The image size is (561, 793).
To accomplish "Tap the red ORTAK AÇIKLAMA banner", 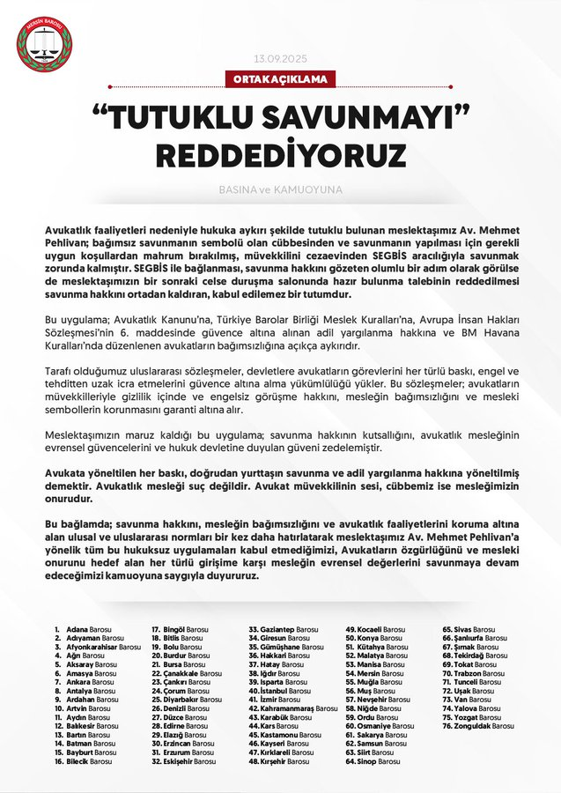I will tap(281, 79).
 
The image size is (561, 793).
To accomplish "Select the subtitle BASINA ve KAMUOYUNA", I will tap(280, 189).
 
